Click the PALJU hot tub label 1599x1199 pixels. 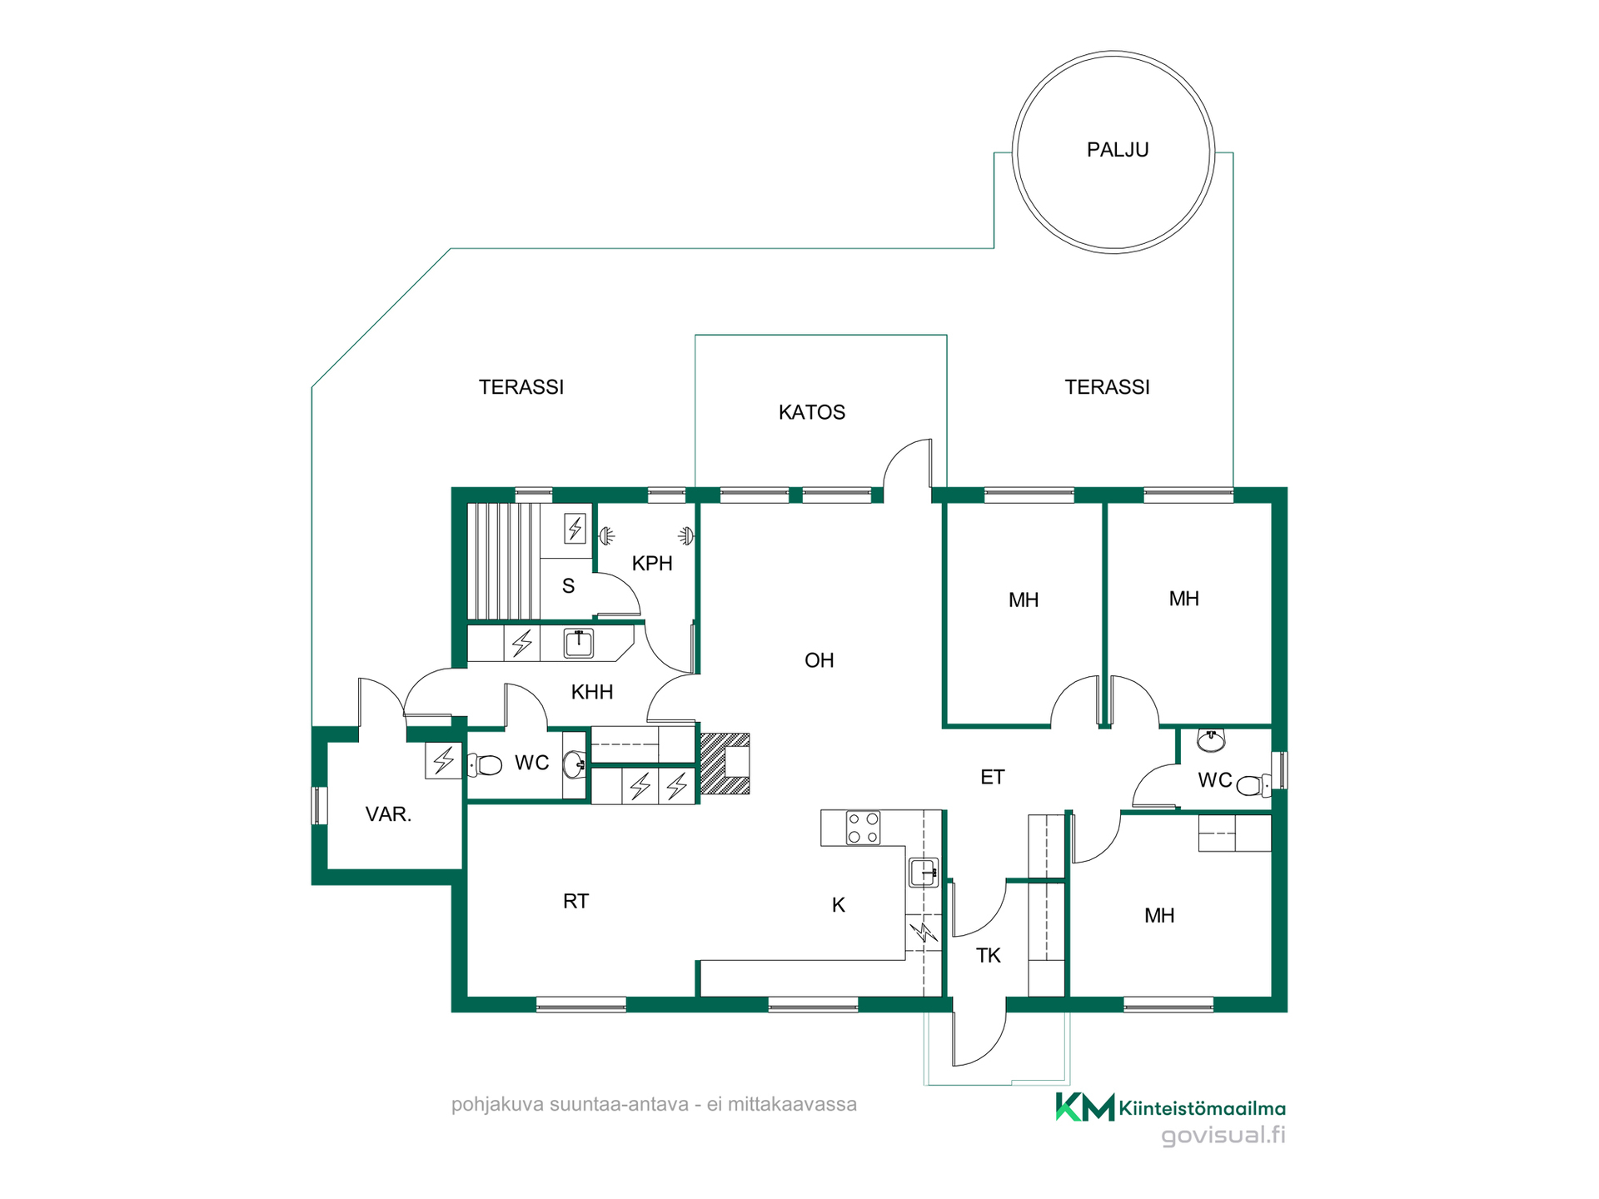(x=1118, y=150)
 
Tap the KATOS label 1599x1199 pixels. (x=812, y=412)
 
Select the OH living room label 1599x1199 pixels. (x=819, y=660)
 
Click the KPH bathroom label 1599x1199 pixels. (x=652, y=564)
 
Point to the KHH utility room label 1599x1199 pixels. (x=592, y=692)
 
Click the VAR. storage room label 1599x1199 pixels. (x=388, y=814)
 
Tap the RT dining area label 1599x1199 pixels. (x=575, y=901)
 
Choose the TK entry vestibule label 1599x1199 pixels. (x=989, y=956)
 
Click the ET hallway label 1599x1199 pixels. (x=993, y=778)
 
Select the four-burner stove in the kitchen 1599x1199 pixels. (x=863, y=828)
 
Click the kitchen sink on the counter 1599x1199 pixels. (x=924, y=873)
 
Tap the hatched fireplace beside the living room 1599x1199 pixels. (x=725, y=763)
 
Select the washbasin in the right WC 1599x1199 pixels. (x=1211, y=739)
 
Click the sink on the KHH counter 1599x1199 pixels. (x=579, y=644)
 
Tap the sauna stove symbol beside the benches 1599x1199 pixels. (x=575, y=529)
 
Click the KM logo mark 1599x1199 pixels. (x=1085, y=1107)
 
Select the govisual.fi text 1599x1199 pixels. (x=1223, y=1135)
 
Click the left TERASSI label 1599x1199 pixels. (x=521, y=387)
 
